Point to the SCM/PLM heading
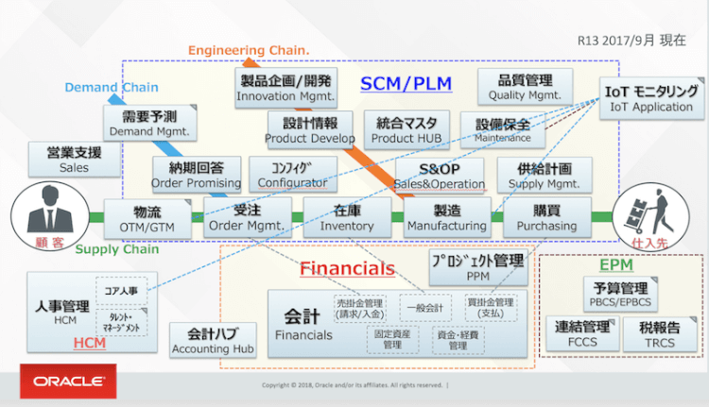click(x=406, y=84)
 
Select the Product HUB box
click(x=406, y=129)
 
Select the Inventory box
click(x=346, y=217)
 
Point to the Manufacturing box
click(x=446, y=217)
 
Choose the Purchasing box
click(x=546, y=217)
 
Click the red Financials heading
click(x=347, y=268)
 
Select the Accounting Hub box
click(x=214, y=340)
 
